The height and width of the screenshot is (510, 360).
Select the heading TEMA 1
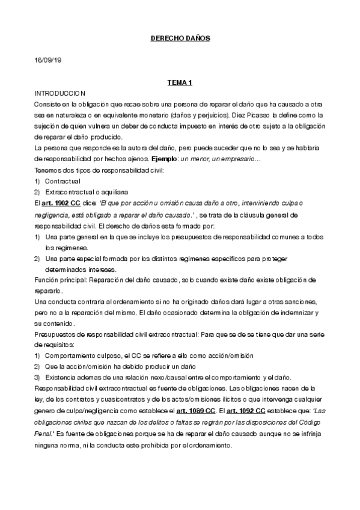point(180,83)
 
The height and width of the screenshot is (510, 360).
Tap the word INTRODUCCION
point(60,94)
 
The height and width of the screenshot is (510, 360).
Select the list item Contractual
point(63,181)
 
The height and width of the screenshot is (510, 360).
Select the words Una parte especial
point(72,259)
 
